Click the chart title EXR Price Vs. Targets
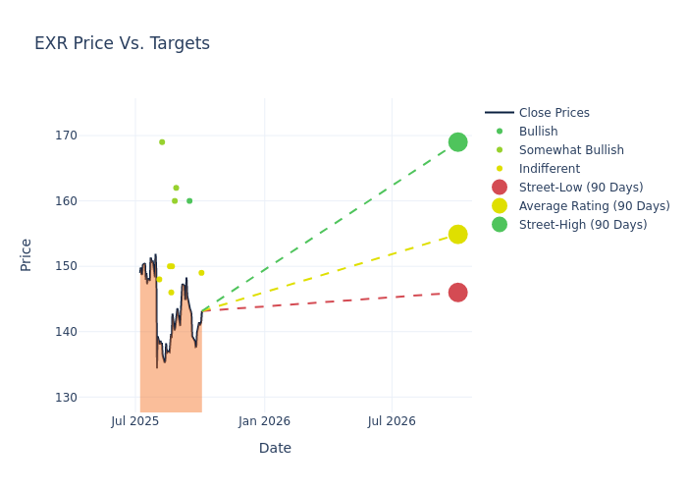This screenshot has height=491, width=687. point(122,43)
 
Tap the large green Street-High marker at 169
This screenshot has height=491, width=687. point(457,142)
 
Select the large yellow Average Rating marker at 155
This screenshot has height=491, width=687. point(457,234)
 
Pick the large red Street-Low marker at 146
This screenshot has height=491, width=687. point(457,293)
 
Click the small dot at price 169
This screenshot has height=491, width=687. point(162,142)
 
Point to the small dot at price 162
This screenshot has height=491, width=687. point(176,188)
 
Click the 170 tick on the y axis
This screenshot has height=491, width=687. point(94,136)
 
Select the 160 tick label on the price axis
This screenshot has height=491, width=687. point(94,201)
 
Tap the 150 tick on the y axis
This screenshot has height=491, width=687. point(94,266)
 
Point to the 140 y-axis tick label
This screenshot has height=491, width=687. point(94,332)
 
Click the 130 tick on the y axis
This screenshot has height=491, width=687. point(94,398)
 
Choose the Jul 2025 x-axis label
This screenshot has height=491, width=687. point(135,421)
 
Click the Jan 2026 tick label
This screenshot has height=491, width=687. point(264,421)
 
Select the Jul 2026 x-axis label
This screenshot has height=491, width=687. point(392,421)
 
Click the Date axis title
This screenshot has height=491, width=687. point(275,449)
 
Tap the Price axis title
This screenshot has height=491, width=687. point(26,254)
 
